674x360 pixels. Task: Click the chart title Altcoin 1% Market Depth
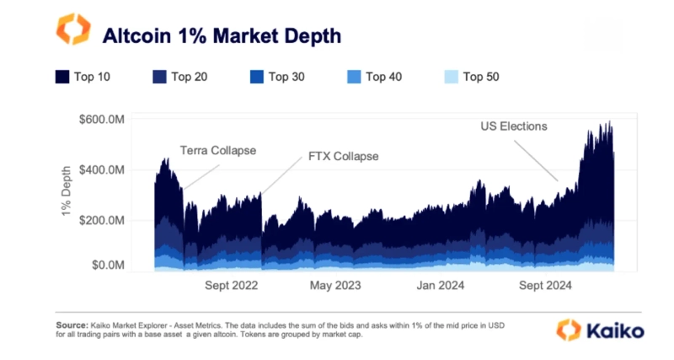pyautogui.click(x=222, y=35)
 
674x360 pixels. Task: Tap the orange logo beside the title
pyautogui.click(x=72, y=30)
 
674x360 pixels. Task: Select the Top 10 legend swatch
pyautogui.click(x=62, y=78)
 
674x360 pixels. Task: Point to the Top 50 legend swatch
pyautogui.click(x=451, y=78)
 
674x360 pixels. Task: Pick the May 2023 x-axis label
pyautogui.click(x=335, y=286)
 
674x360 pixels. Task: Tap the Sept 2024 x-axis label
pyautogui.click(x=545, y=286)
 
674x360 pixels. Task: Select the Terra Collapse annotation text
pyautogui.click(x=217, y=151)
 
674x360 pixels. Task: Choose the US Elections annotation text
pyautogui.click(x=514, y=126)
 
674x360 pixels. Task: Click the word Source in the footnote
pyautogui.click(x=71, y=325)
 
